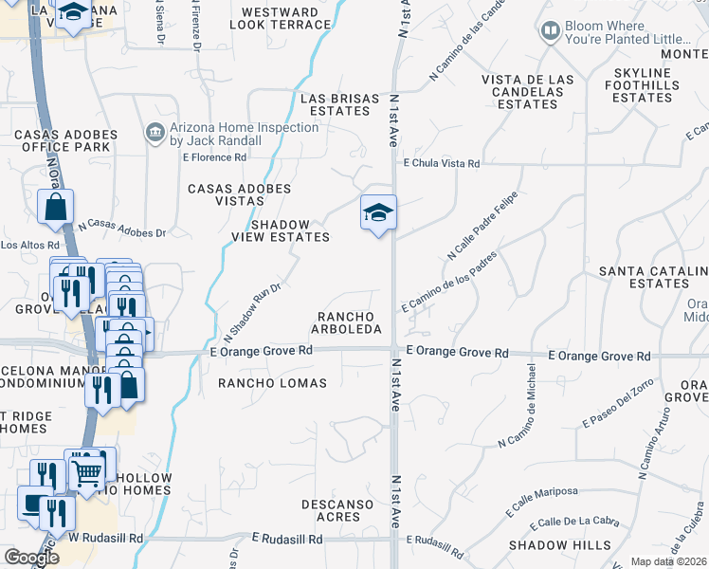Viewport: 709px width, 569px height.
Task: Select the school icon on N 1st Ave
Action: [x=377, y=212]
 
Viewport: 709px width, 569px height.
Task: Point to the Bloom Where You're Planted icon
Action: [x=550, y=32]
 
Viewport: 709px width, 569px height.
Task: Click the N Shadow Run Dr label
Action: [x=253, y=312]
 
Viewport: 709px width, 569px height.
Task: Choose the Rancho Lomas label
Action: [x=272, y=383]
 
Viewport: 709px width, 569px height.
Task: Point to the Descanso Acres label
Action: [x=331, y=510]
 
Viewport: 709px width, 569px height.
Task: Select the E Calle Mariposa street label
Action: [x=542, y=499]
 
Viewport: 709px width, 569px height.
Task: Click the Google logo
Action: [x=30, y=558]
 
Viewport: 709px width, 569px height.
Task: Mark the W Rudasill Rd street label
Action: [x=104, y=538]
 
